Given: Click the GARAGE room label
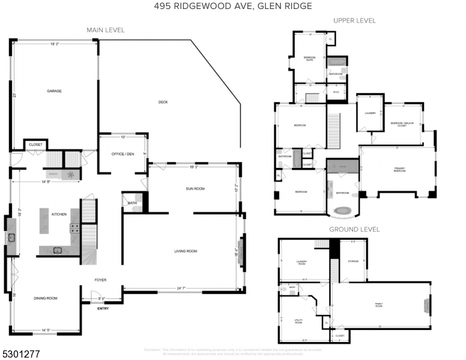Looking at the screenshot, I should click(55, 91).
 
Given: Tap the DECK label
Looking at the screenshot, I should click(163, 102).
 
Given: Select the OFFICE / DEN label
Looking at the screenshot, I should click(123, 154).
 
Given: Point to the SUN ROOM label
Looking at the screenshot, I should click(195, 189).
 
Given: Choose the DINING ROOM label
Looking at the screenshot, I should click(46, 298).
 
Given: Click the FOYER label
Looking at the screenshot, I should click(100, 280).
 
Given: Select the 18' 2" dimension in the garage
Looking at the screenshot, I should click(54, 44).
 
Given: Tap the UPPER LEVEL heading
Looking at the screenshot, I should click(354, 20).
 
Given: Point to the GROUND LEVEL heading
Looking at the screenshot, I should click(354, 229).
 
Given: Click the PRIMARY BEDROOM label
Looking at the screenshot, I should click(399, 170).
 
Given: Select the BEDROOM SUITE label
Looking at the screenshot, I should click(309, 58).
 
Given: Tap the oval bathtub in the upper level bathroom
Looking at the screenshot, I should click(343, 211).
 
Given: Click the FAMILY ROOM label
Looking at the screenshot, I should click(379, 305).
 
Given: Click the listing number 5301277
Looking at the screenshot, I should click(20, 355).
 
